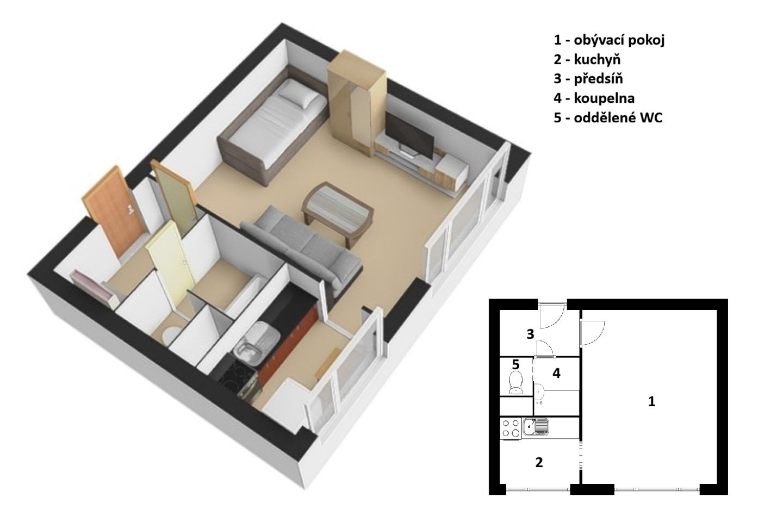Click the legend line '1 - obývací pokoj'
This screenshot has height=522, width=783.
(x=609, y=41)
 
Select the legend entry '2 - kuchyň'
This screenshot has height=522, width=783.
(x=587, y=60)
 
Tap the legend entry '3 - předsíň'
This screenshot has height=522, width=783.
(x=588, y=79)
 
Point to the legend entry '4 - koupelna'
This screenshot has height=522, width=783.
(x=594, y=98)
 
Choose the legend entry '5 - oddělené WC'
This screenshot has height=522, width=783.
(x=608, y=118)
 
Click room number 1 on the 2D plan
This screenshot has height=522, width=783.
(x=651, y=402)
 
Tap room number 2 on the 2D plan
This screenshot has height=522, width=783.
(x=539, y=463)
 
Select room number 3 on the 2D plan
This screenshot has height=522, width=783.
(x=530, y=334)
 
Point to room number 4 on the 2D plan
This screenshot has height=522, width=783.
(x=556, y=374)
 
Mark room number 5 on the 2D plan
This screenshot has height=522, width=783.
(x=515, y=365)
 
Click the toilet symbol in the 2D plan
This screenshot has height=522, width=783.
(x=515, y=383)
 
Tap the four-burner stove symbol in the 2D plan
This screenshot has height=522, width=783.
(x=511, y=428)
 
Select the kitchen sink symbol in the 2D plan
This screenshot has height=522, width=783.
(x=535, y=427)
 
